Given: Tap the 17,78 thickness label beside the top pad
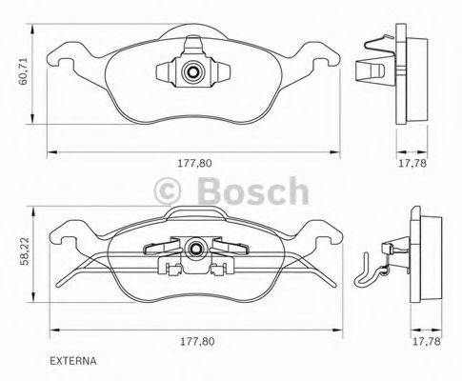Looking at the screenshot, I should (x=412, y=163).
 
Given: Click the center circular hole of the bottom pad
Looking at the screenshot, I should (x=196, y=250).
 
